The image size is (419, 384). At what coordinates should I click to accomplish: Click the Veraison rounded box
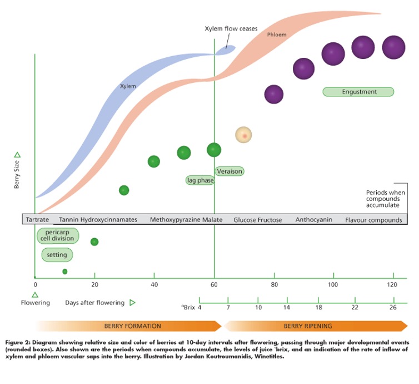[x=230, y=171]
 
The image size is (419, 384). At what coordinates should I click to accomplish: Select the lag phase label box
[x=200, y=180]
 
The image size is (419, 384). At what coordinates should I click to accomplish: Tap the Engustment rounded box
[x=358, y=92]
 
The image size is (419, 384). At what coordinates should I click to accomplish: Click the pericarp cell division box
[x=58, y=235]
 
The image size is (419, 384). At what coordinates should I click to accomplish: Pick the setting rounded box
[x=57, y=255]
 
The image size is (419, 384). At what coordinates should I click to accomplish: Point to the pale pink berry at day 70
[x=243, y=135]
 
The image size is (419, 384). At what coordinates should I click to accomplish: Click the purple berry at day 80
[x=273, y=95]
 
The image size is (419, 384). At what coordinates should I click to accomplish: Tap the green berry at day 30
[x=124, y=190]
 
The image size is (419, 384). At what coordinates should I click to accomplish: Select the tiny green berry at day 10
[x=65, y=272]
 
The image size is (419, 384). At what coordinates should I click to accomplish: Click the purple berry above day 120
[x=393, y=47]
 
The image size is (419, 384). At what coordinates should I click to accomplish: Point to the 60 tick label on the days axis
[x=215, y=285]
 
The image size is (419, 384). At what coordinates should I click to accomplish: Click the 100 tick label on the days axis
[x=333, y=285]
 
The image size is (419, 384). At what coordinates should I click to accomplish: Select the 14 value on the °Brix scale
[x=287, y=307]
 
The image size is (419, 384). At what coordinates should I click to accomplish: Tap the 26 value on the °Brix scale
[x=393, y=307]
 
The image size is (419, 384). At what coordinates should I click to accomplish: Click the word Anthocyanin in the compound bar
[x=314, y=220]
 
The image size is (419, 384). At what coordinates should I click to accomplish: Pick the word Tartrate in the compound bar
[x=38, y=220]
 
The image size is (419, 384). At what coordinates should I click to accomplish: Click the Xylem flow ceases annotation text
[x=231, y=28]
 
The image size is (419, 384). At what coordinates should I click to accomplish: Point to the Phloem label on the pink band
[x=276, y=35]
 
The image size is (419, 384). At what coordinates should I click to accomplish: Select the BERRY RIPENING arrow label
[x=308, y=326]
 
